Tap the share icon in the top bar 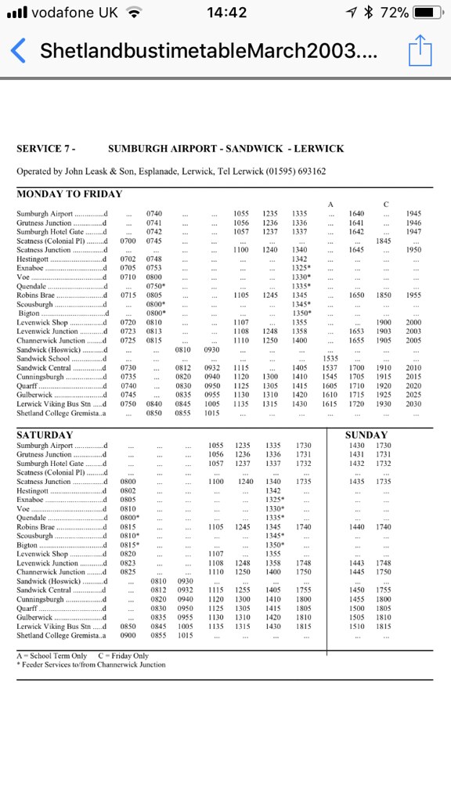(x=420, y=50)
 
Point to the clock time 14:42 (x=227, y=13)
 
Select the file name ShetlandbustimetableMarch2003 (x=207, y=52)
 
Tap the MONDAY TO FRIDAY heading (x=70, y=193)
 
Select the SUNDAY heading (x=366, y=435)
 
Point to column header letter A (x=330, y=204)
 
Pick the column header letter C (x=385, y=204)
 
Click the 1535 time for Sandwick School (x=330, y=359)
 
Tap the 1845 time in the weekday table (x=384, y=241)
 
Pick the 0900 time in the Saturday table (x=131, y=635)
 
